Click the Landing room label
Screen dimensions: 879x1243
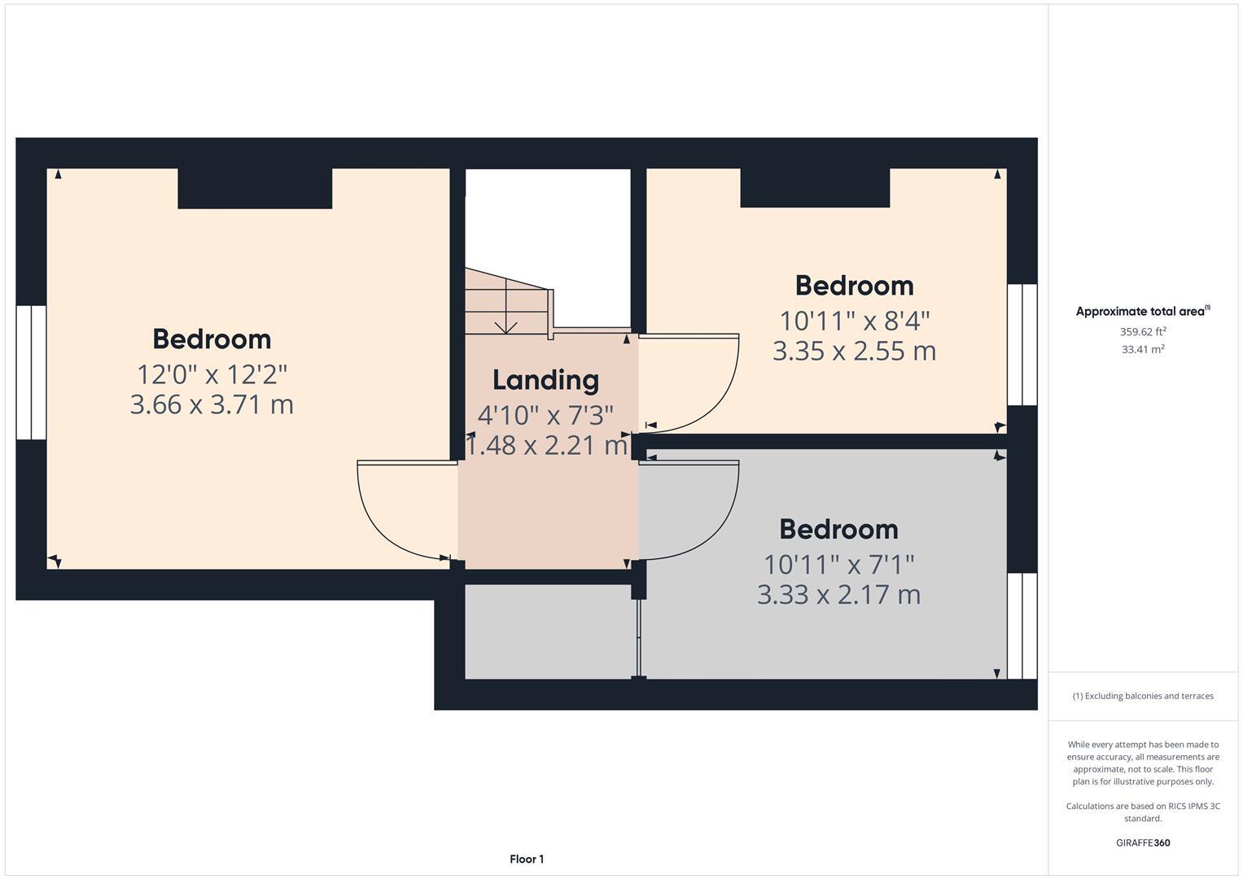coord(545,380)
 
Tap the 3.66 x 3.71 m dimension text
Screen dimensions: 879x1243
coord(212,405)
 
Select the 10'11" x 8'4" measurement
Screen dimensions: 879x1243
coord(854,321)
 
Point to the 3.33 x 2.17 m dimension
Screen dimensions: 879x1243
coord(838,595)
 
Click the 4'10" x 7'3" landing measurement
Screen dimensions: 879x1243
coord(545,416)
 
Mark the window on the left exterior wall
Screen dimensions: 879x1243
coord(31,373)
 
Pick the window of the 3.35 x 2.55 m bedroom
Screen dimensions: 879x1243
coord(1022,344)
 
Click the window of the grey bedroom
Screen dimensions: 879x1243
coord(1022,626)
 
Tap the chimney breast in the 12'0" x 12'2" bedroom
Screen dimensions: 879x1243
coord(255,188)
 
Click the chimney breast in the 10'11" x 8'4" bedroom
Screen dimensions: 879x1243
coord(814,187)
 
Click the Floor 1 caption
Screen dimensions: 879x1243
coord(527,859)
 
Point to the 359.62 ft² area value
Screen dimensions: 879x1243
coord(1143,332)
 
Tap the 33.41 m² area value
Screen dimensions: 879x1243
coord(1143,349)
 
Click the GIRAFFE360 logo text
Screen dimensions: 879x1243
coord(1143,842)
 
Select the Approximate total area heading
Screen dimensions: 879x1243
coord(1142,311)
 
